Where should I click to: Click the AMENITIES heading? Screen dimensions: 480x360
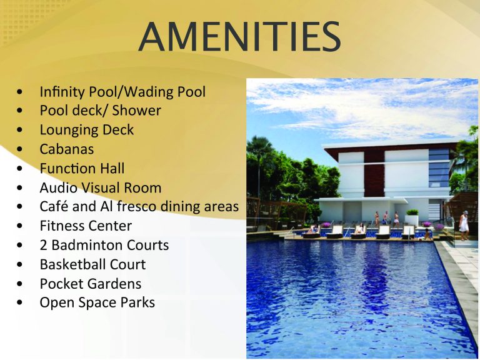(239, 36)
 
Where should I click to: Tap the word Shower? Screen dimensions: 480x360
(136, 111)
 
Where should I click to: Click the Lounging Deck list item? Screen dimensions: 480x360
(87, 130)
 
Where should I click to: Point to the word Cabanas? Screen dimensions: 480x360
(67, 149)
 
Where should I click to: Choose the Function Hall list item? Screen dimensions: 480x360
(82, 168)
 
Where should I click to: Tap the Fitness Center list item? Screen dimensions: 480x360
(86, 226)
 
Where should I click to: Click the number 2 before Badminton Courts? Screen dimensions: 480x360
(44, 245)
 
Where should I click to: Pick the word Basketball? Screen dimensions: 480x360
(72, 264)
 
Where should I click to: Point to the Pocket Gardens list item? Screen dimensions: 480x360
(91, 284)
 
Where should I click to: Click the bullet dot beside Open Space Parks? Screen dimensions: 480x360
(20, 302)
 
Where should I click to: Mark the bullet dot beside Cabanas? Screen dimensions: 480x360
(20, 149)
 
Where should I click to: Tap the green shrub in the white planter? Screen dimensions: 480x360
(412, 212)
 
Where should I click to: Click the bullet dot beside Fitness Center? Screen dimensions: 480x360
(20, 226)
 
